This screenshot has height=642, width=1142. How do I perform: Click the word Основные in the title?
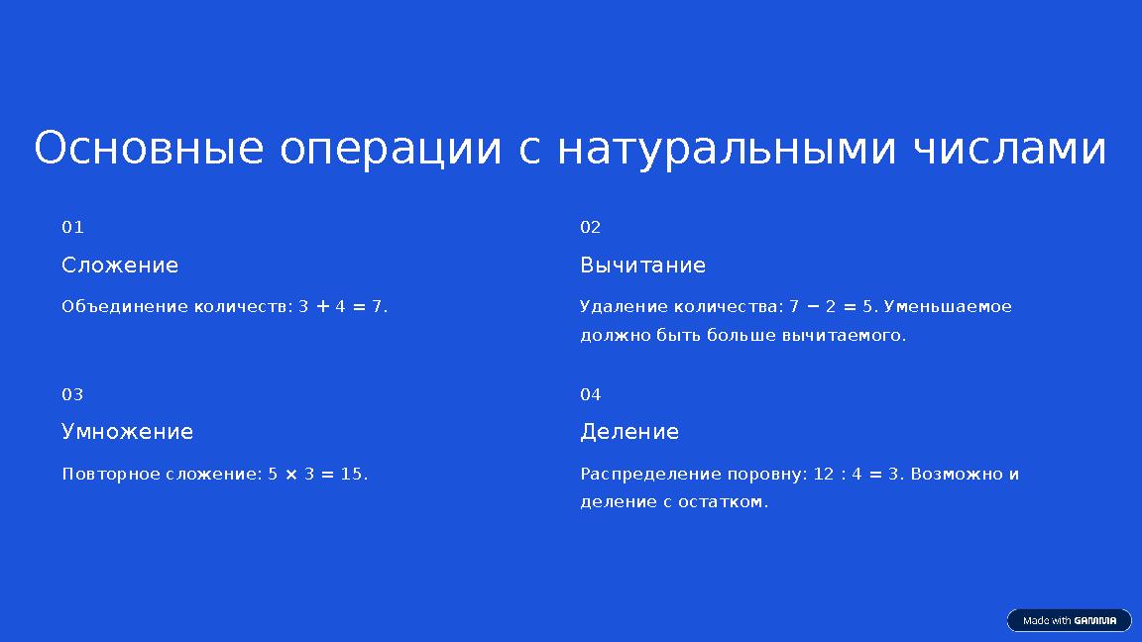pyautogui.click(x=149, y=150)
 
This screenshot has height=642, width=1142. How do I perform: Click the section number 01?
pyautogui.click(x=72, y=228)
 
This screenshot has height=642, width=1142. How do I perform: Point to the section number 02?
pyautogui.click(x=590, y=228)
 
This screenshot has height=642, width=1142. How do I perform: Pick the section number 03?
pyautogui.click(x=72, y=395)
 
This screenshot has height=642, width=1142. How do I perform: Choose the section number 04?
pyautogui.click(x=590, y=395)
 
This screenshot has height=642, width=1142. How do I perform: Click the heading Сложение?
pyautogui.click(x=120, y=266)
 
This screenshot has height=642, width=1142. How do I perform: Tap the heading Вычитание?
pyautogui.click(x=642, y=266)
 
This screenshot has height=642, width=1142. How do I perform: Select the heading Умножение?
pyautogui.click(x=127, y=432)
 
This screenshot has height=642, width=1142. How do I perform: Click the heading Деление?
pyautogui.click(x=629, y=432)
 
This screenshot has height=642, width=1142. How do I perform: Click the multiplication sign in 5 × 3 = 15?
pyautogui.click(x=291, y=475)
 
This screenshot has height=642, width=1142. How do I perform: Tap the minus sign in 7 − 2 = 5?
pyautogui.click(x=812, y=307)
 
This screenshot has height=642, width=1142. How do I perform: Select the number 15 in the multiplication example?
pyautogui.click(x=351, y=475)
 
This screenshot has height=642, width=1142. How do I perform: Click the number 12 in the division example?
pyautogui.click(x=823, y=475)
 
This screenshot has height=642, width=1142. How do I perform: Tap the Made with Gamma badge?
pyautogui.click(x=1069, y=620)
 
